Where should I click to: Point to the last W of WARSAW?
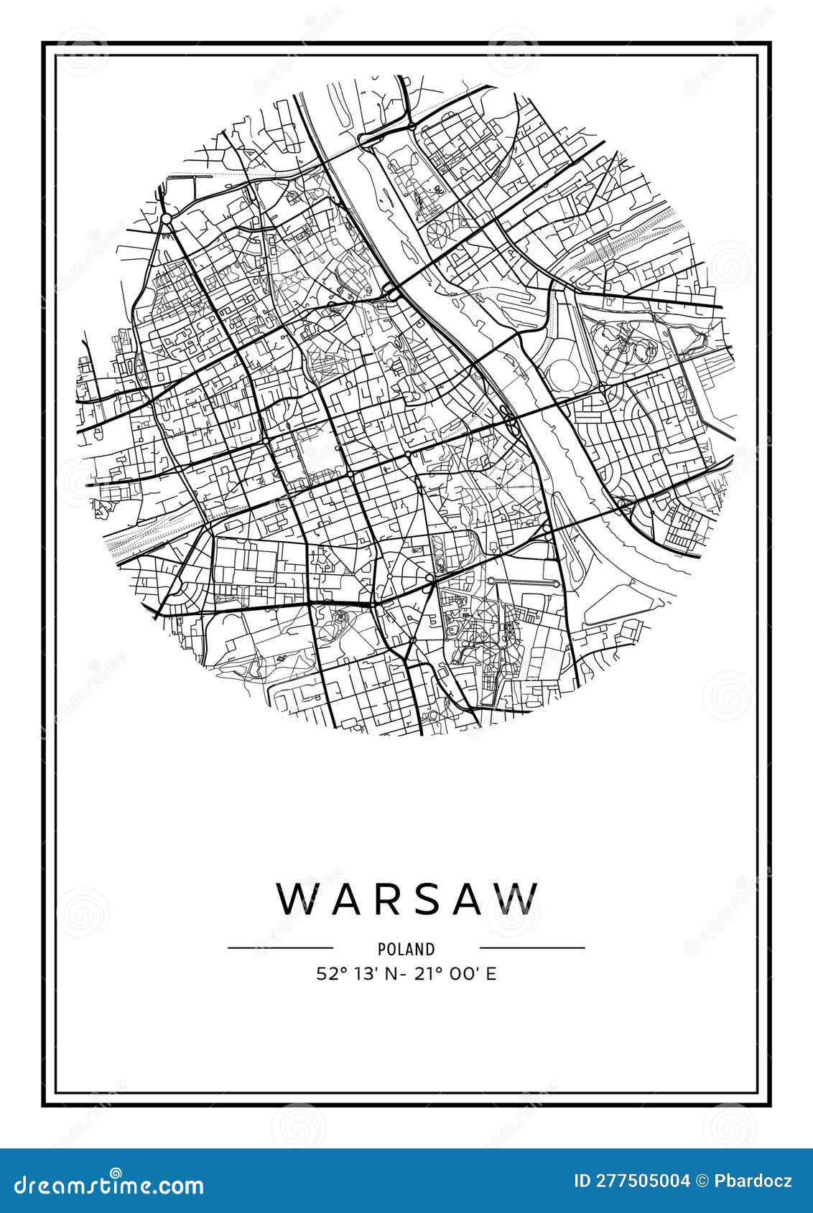[x=519, y=898]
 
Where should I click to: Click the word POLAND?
[x=406, y=949]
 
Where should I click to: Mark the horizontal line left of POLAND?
[x=280, y=948]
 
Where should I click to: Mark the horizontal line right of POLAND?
[x=532, y=948]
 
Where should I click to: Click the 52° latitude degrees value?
[x=332, y=974]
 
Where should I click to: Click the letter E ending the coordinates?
[x=492, y=974]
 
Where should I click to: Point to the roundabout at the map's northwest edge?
[x=166, y=217]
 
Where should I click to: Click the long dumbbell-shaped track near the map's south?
[x=524, y=581]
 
